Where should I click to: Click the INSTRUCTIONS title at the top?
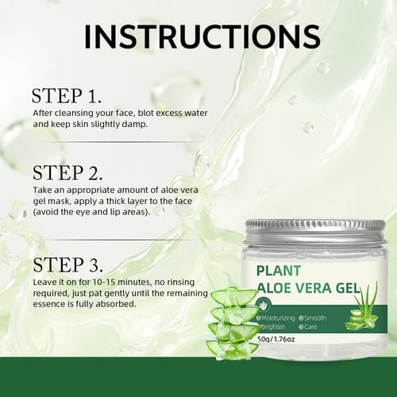point(202,37)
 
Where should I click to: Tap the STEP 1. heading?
point(67,96)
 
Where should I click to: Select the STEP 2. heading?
point(67,173)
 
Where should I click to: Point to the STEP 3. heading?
point(67,264)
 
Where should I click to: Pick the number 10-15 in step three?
point(104,282)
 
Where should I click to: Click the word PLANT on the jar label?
point(279,271)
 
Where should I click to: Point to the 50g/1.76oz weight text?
point(276,339)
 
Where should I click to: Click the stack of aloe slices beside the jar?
point(233,323)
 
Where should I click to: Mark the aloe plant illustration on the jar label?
point(362,307)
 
